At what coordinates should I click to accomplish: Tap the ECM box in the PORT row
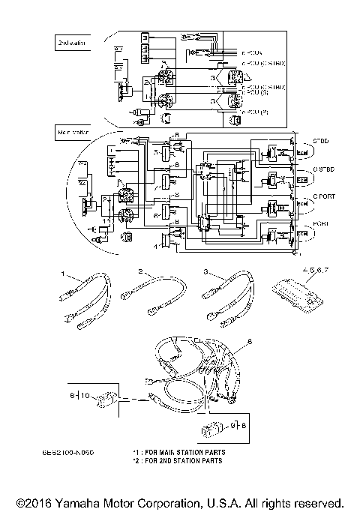click(301, 235)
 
